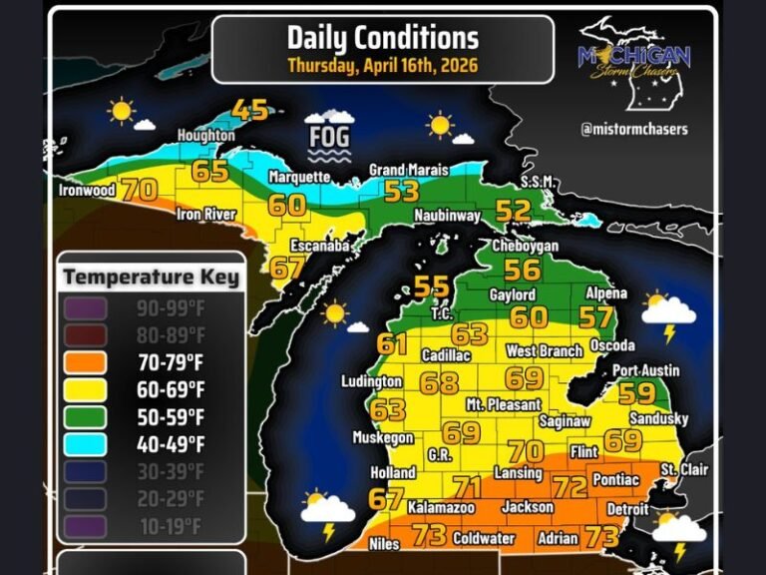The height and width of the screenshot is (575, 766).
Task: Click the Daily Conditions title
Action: [382, 39]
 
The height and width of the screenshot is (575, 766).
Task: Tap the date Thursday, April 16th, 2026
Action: [382, 66]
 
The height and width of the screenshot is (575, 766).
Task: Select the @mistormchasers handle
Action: [634, 129]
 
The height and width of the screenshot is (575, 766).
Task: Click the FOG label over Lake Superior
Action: [328, 135]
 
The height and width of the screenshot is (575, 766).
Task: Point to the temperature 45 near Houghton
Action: [250, 109]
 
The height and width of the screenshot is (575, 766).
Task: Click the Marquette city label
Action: [298, 178]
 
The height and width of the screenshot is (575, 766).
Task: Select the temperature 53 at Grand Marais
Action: [402, 191]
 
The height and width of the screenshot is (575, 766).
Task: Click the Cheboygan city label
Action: [525, 246]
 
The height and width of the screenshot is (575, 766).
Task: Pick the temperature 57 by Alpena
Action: [595, 316]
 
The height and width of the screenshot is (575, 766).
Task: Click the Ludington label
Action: [369, 381]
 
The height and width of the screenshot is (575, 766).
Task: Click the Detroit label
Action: [628, 509]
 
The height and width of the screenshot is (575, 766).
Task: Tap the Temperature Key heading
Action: [152, 277]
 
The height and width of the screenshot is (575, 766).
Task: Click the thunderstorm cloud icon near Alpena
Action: [668, 314]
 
